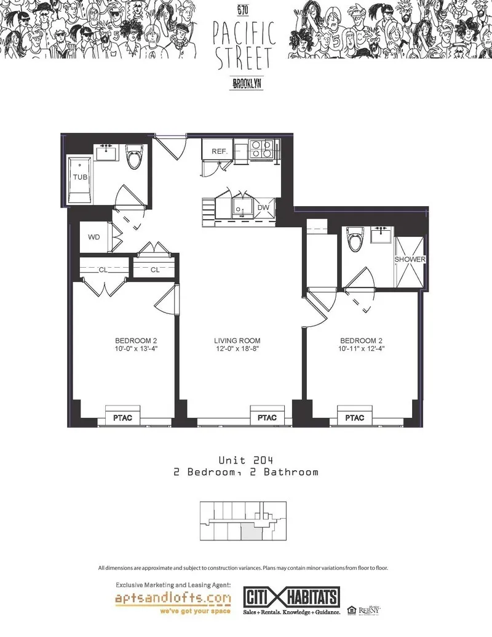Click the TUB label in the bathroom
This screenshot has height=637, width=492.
coord(80,177)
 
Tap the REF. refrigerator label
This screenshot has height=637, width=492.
coord(220,151)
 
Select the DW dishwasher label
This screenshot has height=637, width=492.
coord(263,208)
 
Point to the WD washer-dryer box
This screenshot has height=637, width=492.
coord(94,237)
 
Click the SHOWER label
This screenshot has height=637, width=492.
coord(410,260)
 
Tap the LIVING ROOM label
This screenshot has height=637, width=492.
coord(237,340)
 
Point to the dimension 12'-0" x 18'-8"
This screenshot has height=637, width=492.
coord(237,349)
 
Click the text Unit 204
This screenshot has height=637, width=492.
coord(246,460)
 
